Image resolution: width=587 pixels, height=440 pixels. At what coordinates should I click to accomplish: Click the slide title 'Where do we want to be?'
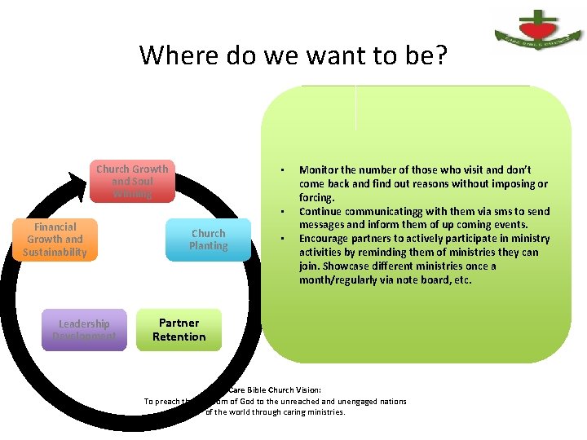coord(293,55)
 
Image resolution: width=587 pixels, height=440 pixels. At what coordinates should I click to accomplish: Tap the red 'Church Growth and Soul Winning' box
coord(132,181)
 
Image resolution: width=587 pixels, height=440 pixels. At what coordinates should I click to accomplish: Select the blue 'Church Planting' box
coord(209,240)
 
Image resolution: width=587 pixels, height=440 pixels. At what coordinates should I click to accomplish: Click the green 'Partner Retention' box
coord(179,330)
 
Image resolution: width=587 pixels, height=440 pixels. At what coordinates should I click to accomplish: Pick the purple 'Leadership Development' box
coord(84,330)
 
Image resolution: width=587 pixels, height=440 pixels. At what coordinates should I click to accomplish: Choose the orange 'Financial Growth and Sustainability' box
coord(55,240)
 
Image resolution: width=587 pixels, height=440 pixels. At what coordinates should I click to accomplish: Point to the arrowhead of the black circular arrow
coord(79,188)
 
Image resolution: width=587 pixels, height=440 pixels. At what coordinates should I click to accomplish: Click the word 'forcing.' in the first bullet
coord(317,198)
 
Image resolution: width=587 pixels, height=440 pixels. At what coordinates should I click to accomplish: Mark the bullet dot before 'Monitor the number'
coord(280,170)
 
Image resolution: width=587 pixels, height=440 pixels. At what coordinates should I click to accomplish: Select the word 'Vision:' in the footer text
coord(313,389)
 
